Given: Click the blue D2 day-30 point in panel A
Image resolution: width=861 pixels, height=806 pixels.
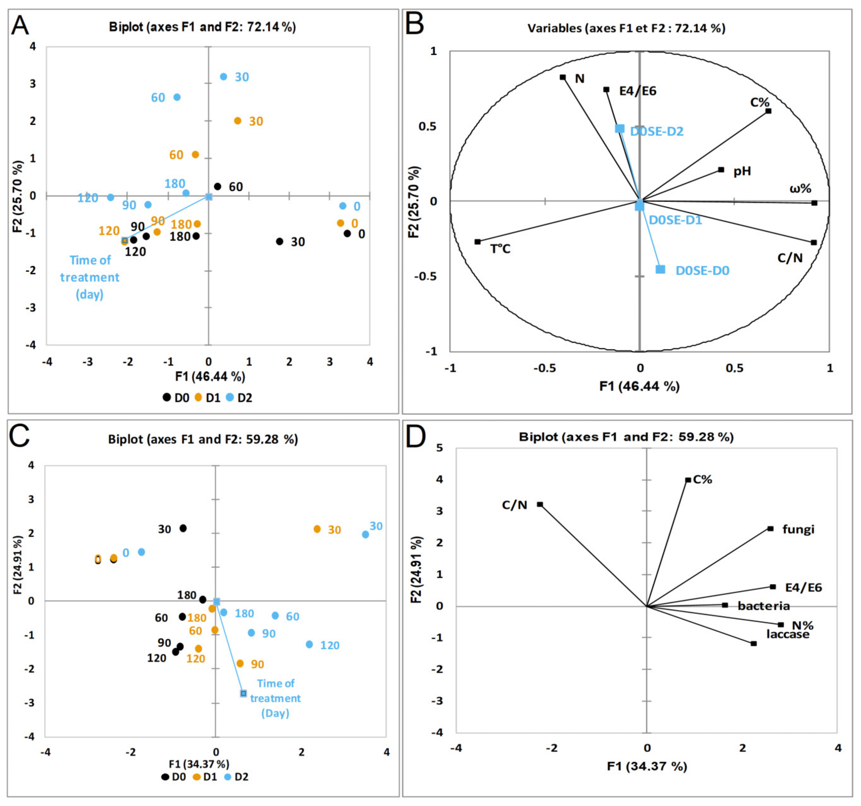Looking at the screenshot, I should tap(224, 77).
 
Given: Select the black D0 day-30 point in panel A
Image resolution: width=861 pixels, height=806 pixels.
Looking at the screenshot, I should tap(280, 241).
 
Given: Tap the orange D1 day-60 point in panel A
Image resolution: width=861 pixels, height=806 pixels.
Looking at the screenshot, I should tap(195, 155).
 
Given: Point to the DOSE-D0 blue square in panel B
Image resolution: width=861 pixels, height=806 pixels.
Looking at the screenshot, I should tap(660, 269).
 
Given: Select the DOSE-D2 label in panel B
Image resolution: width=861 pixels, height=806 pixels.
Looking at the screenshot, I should tap(657, 131).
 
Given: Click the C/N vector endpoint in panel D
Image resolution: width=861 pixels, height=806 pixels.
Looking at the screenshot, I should tap(540, 504).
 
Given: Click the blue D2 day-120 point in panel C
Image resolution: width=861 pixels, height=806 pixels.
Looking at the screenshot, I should tap(309, 644).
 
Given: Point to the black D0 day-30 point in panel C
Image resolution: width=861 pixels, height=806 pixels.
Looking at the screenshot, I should tap(183, 528).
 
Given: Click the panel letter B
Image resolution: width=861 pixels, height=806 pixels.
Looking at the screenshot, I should tap(414, 25).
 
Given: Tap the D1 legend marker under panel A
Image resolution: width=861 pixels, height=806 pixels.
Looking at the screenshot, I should tap(198, 397).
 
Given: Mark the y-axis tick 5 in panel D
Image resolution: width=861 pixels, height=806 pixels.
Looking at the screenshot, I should tap(440, 448).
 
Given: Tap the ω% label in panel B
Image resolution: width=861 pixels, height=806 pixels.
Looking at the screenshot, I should tap(800, 188).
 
